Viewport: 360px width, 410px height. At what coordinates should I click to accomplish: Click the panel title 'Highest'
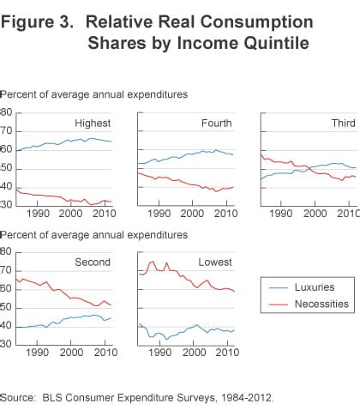pos(93,124)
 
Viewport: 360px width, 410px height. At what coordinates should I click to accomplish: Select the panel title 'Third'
pos(343,124)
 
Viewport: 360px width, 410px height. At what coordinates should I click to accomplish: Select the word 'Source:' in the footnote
pos(21,397)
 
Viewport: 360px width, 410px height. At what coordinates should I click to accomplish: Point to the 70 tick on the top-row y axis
pos(6,131)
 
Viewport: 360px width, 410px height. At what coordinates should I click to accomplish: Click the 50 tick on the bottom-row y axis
pos(6,307)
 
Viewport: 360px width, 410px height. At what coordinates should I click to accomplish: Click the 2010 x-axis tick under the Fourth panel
pos(225,213)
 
